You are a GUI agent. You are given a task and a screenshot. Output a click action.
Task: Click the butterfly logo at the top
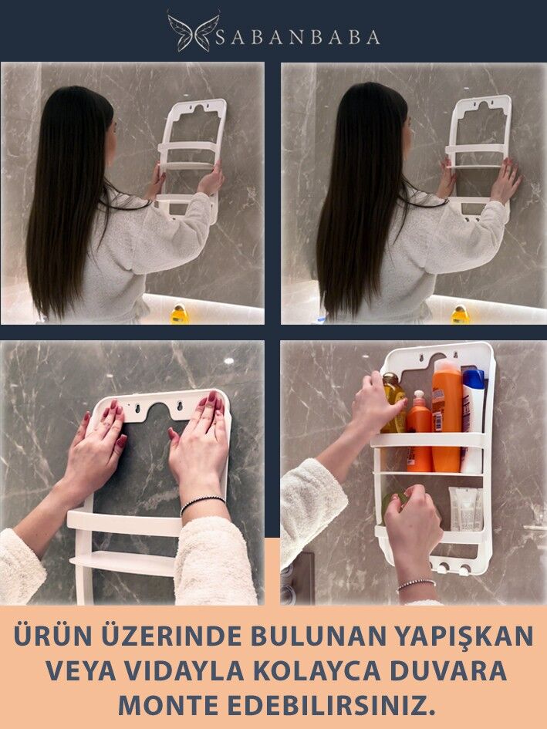[x=194, y=32]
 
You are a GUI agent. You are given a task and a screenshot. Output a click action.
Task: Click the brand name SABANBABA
[x=298, y=37]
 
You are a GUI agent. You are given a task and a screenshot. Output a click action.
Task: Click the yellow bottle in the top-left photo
[x=179, y=314]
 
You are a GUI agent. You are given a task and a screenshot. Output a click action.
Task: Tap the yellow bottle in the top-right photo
[x=461, y=315]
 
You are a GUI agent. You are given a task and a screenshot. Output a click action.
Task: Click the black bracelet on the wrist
[x=202, y=503]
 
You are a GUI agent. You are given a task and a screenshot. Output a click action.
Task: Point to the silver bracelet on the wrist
[x=417, y=585]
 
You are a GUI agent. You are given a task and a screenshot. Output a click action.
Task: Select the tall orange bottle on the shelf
[x=446, y=415]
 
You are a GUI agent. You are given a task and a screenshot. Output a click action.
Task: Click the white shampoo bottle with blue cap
[x=473, y=420]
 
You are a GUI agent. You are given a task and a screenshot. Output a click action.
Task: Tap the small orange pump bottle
[x=419, y=432]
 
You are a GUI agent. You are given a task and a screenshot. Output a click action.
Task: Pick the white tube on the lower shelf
[x=465, y=508]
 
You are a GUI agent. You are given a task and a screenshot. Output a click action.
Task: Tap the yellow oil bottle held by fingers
[x=394, y=403]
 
